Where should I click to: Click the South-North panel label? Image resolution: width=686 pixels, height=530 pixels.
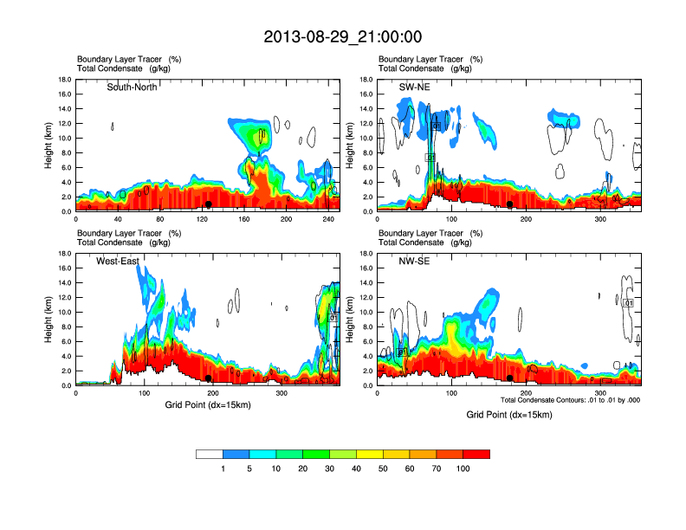coord(132,87)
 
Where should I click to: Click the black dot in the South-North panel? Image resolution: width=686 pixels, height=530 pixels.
coord(208,204)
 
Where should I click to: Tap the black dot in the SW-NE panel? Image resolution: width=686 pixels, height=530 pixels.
coord(510,204)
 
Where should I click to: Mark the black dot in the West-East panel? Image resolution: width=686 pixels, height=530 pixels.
coord(208,378)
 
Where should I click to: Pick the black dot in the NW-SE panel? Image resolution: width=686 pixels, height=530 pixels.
coord(510,378)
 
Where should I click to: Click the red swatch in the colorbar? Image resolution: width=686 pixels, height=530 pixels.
coord(476,454)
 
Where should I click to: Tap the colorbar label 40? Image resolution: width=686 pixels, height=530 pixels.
coord(357,469)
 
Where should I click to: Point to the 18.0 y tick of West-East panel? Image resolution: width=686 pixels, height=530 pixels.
coord(63,254)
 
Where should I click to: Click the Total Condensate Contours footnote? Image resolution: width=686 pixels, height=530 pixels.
coord(570,399)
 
